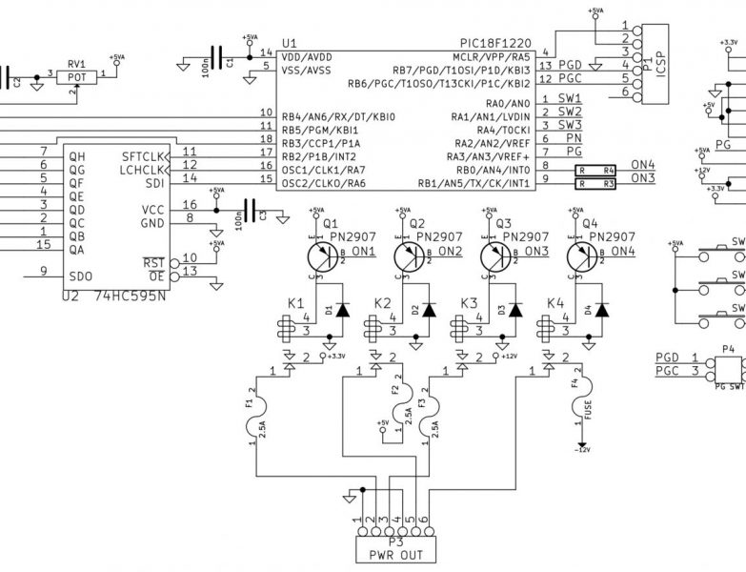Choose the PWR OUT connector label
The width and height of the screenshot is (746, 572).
(x=396, y=553)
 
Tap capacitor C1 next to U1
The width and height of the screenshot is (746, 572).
(x=221, y=60)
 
